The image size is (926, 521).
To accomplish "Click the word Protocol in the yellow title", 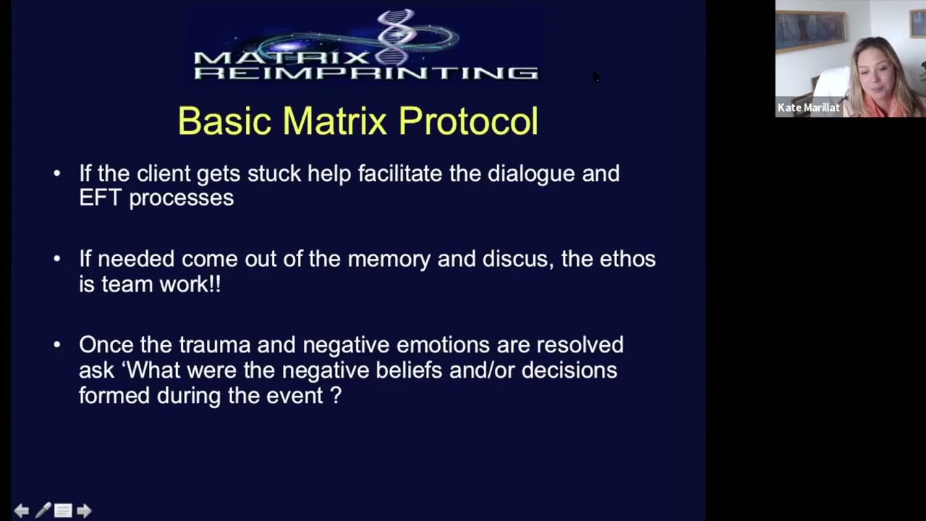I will [468, 121].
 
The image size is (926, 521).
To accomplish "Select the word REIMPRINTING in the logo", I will [366, 72].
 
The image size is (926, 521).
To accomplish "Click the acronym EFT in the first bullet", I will [100, 198].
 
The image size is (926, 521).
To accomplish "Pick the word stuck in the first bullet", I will [273, 174].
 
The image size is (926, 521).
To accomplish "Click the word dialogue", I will [531, 174].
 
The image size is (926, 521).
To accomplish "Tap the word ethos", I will [627, 259].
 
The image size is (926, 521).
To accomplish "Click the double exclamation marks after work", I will [214, 284].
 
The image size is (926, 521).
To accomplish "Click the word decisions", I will [569, 370].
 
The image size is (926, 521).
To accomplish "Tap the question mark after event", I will [336, 396].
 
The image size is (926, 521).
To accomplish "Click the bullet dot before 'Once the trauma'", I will [57, 345].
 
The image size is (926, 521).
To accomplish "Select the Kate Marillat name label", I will [808, 108].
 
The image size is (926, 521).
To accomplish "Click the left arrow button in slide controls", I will [22, 511].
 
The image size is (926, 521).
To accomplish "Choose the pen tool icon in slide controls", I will [43, 511].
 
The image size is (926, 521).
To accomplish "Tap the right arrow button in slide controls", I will [84, 511].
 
